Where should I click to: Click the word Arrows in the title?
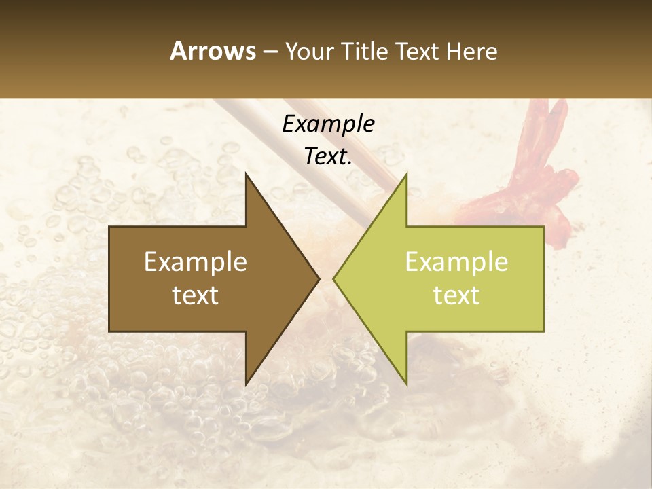(x=213, y=51)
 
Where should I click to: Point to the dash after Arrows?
(x=270, y=52)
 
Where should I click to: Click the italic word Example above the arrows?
(x=328, y=124)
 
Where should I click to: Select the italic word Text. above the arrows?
(x=328, y=156)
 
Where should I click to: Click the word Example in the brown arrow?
(x=196, y=262)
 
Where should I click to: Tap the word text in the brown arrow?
(x=196, y=295)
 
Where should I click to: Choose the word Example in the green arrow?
(x=456, y=262)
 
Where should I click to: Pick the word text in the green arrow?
(x=456, y=295)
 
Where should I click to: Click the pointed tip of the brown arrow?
(x=319, y=278)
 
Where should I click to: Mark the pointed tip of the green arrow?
(x=334, y=278)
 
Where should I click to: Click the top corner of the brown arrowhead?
(x=246, y=174)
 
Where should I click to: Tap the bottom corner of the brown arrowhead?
(x=246, y=384)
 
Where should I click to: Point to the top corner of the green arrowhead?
(x=406, y=174)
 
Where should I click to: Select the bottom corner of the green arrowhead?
(x=406, y=384)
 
